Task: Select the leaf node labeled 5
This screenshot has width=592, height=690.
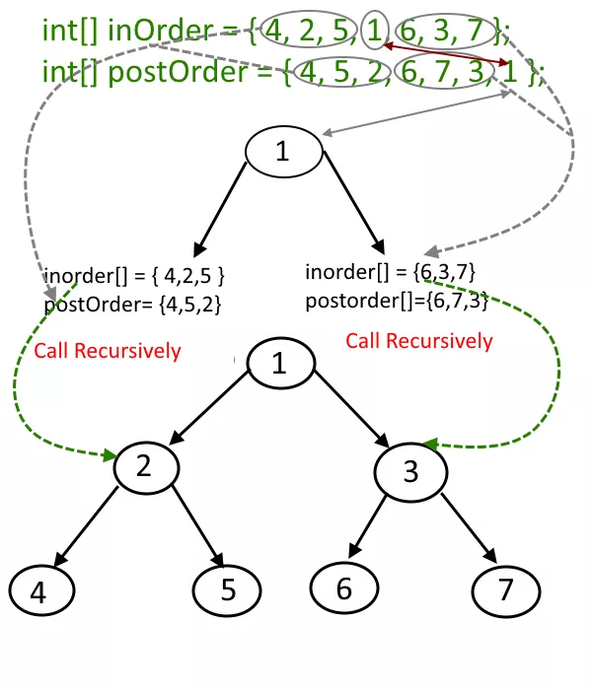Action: coord(228,590)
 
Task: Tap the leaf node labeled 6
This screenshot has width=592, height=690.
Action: coord(343,588)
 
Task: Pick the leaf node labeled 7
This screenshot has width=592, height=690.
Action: coord(506,590)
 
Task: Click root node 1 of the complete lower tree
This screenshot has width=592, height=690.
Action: coord(280,364)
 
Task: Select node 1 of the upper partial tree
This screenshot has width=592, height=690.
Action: coord(283,152)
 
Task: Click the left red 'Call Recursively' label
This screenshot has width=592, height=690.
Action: coord(108,351)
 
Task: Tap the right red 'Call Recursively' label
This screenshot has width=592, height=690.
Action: coord(418,341)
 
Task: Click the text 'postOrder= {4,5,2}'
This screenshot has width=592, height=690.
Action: coord(132,305)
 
